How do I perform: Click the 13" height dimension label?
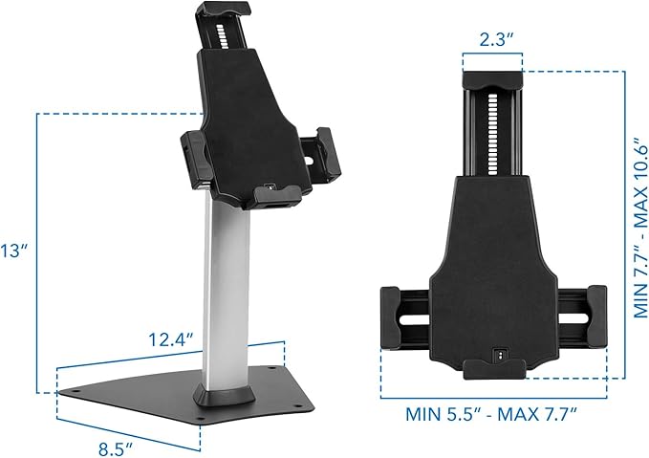(x=14, y=251)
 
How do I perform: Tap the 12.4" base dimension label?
(x=172, y=338)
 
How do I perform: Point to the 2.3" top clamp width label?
(x=492, y=40)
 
